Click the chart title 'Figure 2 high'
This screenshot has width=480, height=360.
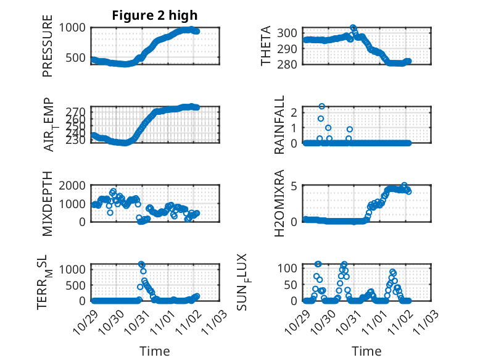pyautogui.click(x=154, y=15)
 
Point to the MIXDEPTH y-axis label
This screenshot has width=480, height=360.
pyautogui.click(x=48, y=204)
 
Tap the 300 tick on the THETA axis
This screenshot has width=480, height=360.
pyautogui.click(x=292, y=33)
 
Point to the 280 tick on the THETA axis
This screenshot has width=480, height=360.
pyautogui.click(x=292, y=64)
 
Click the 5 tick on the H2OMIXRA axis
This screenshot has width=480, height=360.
pyautogui.click(x=296, y=185)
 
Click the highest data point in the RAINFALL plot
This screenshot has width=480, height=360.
pyautogui.click(x=322, y=106)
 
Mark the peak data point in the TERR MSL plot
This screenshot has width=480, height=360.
pyautogui.click(x=141, y=264)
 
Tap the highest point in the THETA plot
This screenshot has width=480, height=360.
pyautogui.click(x=353, y=28)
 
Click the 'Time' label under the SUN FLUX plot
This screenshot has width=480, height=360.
pyautogui.click(x=366, y=351)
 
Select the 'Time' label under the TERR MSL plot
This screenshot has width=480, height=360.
pyautogui.click(x=154, y=351)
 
